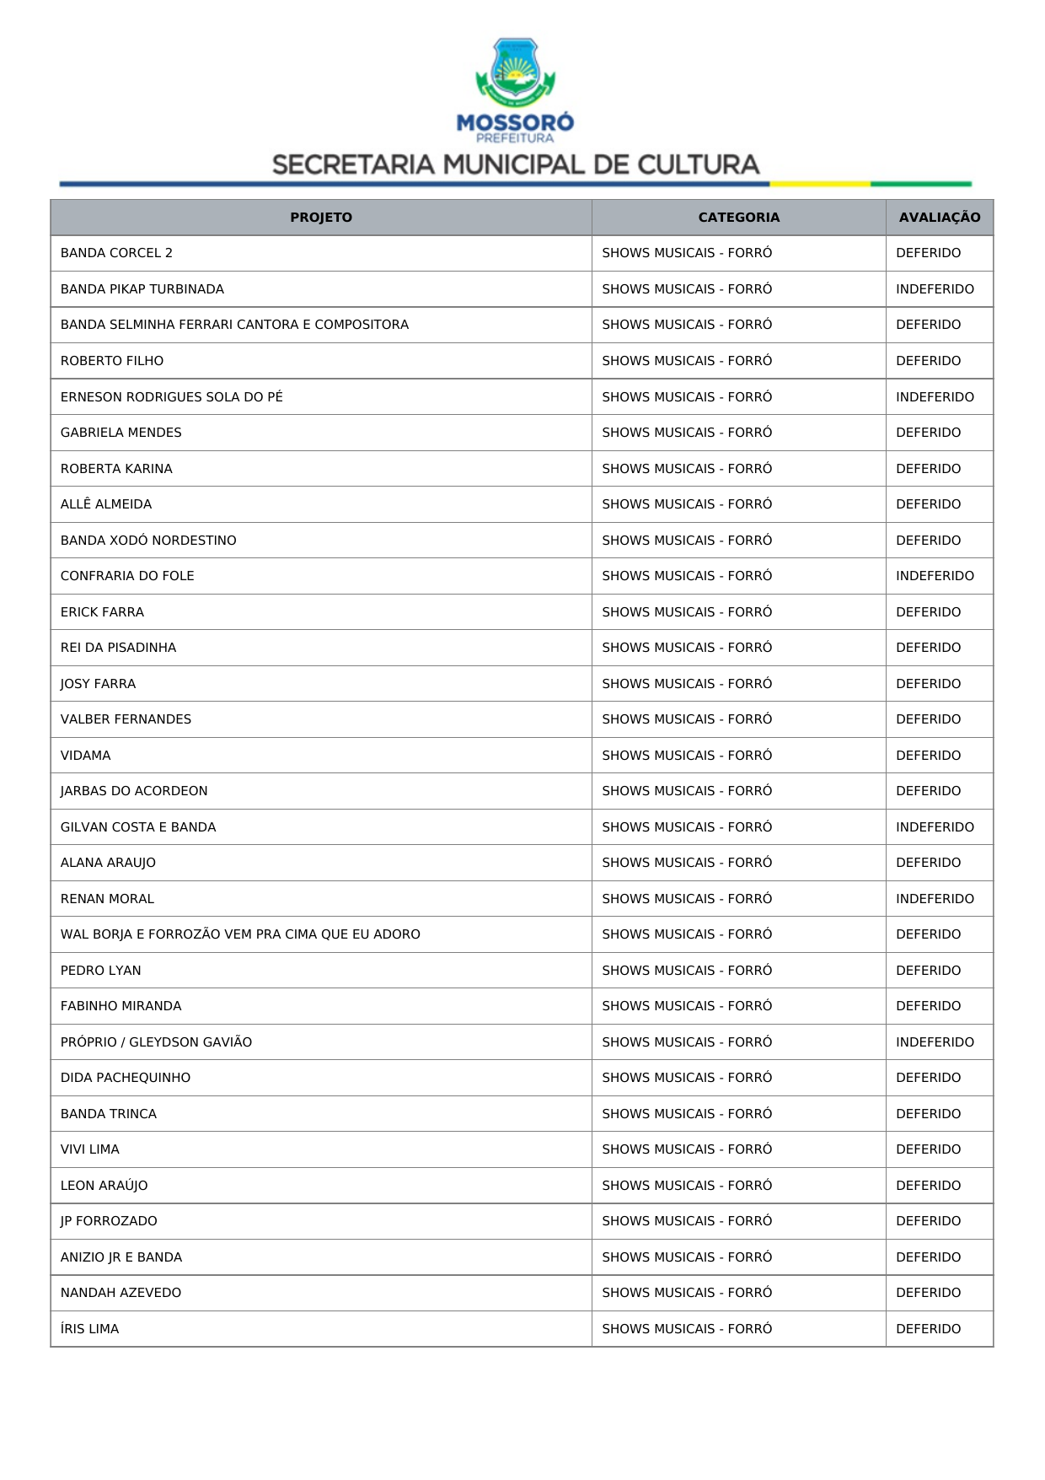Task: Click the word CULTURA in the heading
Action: click(x=699, y=164)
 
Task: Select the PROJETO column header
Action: click(x=321, y=218)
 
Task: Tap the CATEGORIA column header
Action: click(x=738, y=218)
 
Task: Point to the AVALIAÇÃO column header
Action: click(x=939, y=218)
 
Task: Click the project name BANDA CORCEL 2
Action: click(x=116, y=253)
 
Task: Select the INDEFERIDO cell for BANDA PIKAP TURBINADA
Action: click(x=935, y=289)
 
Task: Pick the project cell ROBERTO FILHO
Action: click(x=112, y=361)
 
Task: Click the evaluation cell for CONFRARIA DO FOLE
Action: click(x=935, y=576)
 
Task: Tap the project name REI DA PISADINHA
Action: click(x=118, y=648)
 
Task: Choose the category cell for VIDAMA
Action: click(x=687, y=756)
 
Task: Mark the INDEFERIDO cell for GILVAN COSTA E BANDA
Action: click(x=935, y=827)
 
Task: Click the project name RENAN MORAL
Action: click(x=107, y=899)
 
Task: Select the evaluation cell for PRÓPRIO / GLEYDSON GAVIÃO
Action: click(x=935, y=1042)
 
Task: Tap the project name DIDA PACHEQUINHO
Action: click(x=126, y=1078)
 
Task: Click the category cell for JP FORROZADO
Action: click(x=687, y=1221)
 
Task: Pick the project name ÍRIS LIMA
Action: click(x=89, y=1329)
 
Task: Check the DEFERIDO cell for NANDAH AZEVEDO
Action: click(x=928, y=1293)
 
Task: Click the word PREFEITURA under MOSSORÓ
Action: click(x=515, y=138)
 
